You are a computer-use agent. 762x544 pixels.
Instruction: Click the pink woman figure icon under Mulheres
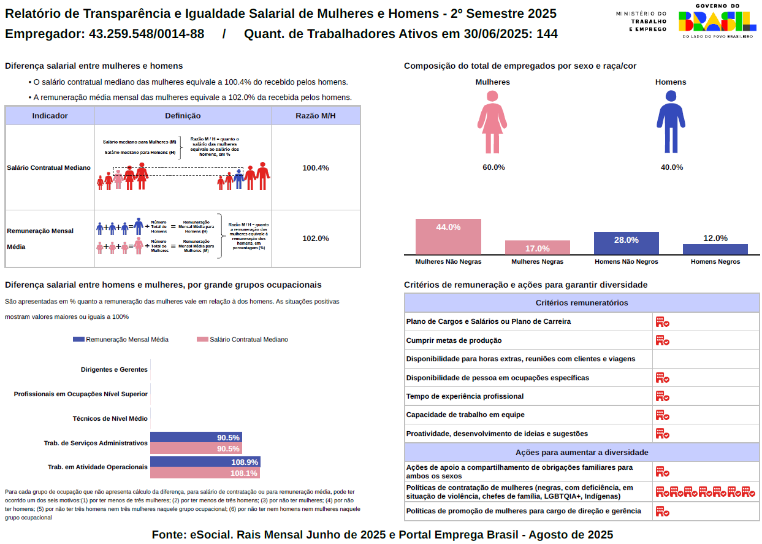tap(492, 122)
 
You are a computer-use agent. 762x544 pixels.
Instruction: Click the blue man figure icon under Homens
tap(671, 122)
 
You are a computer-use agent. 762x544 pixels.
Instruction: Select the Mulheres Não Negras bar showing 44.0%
tap(448, 237)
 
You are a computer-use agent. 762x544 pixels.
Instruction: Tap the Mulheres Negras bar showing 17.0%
tap(537, 248)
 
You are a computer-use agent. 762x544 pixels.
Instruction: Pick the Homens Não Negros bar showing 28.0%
tap(626, 243)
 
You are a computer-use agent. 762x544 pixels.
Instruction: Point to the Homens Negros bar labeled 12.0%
tap(715, 249)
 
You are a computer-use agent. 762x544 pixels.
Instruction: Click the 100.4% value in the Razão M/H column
tap(316, 168)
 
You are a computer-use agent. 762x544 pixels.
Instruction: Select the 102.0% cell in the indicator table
tap(316, 239)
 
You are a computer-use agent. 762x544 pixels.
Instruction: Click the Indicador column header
tap(50, 116)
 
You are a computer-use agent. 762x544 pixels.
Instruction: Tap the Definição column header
tap(183, 116)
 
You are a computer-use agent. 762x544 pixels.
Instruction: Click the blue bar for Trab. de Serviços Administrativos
tap(196, 437)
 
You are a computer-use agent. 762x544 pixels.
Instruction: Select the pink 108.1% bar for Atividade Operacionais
tap(205, 473)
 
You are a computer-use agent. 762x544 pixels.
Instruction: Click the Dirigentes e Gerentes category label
tap(114, 370)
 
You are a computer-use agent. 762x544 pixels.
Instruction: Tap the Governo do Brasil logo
tap(717, 22)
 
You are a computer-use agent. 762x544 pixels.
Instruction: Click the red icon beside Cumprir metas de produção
tap(661, 340)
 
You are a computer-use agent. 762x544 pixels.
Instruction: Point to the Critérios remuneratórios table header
tap(581, 303)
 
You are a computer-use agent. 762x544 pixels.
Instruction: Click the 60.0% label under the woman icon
tap(493, 167)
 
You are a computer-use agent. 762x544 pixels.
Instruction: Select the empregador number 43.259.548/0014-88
tap(147, 34)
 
